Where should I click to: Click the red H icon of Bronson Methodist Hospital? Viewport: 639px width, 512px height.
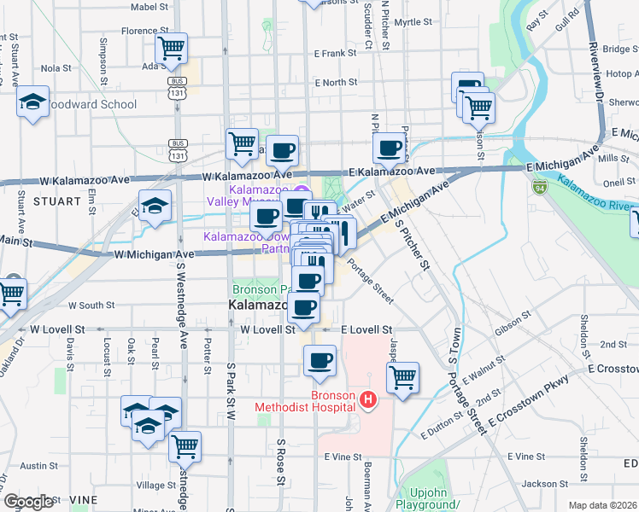pyautogui.click(x=368, y=399)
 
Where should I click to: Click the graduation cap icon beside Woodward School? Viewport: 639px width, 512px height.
pyautogui.click(x=32, y=102)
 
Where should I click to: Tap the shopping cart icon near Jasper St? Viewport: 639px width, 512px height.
pyautogui.click(x=402, y=375)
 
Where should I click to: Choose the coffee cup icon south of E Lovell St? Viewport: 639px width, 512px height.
pyautogui.click(x=319, y=359)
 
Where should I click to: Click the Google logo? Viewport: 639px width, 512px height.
pyautogui.click(x=28, y=502)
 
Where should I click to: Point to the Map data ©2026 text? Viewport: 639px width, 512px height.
pyautogui.click(x=602, y=505)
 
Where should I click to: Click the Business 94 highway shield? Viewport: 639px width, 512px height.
pyautogui.click(x=539, y=185)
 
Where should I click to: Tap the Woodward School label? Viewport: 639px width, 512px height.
pyautogui.click(x=91, y=105)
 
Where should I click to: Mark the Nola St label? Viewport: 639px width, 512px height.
pyautogui.click(x=56, y=68)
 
